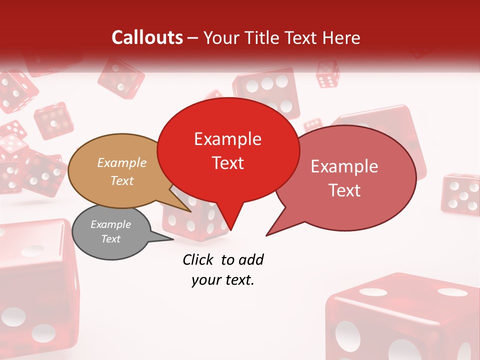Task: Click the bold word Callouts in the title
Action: click(147, 37)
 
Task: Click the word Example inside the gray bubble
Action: click(110, 224)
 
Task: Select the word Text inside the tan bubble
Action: click(122, 181)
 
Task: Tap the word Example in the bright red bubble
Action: click(227, 139)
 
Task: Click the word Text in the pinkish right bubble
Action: click(344, 190)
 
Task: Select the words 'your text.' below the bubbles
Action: click(223, 280)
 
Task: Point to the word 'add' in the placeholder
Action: click(250, 259)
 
